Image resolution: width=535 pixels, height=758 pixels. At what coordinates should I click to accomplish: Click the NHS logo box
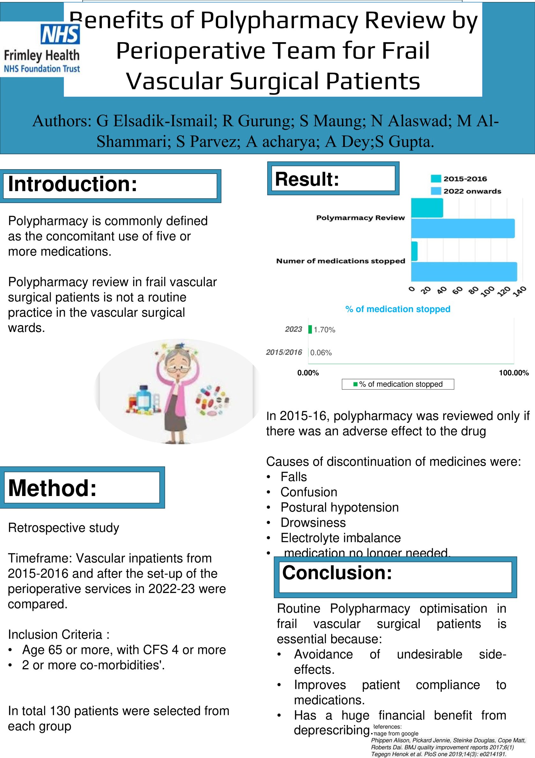(60, 34)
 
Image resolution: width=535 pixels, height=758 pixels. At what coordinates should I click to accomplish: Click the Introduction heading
(73, 184)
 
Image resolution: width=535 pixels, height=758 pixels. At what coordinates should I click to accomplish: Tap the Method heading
(52, 488)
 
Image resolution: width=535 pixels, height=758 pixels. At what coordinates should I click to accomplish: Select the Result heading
(307, 179)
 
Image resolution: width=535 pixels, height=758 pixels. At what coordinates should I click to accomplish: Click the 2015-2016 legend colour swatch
(436, 179)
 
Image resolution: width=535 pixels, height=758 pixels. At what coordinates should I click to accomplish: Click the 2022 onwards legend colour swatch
(436, 191)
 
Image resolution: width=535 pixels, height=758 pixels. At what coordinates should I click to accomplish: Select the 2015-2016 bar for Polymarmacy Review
(427, 208)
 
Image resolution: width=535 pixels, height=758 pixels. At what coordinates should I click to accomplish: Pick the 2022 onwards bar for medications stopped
(464, 271)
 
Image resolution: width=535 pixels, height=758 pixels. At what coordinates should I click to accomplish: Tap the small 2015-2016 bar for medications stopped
(414, 251)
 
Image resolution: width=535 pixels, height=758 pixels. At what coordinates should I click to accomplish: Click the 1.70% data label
(324, 330)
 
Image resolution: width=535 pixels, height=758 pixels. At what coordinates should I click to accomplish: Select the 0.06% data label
(321, 353)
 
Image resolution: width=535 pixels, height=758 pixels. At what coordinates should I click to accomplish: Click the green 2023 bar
(310, 329)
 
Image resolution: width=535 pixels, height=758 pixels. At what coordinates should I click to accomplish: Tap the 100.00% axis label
(514, 373)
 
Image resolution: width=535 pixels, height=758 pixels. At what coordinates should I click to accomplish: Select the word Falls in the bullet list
(294, 477)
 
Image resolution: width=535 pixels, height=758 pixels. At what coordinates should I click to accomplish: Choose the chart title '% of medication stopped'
(398, 309)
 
